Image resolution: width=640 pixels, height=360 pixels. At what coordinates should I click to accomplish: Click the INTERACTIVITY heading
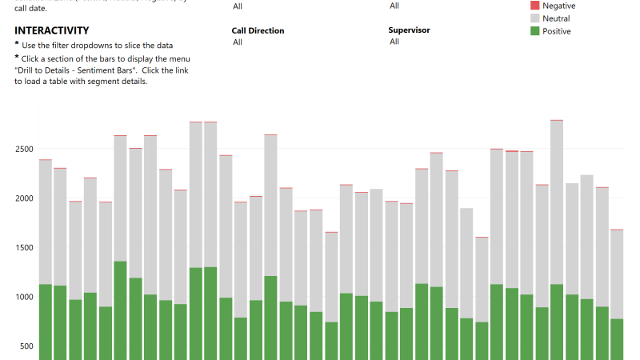[51, 30]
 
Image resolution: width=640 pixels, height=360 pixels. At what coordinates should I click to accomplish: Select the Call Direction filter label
[258, 30]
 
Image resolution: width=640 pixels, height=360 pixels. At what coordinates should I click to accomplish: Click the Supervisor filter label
[409, 30]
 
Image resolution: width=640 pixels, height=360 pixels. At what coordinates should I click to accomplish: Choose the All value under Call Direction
[238, 42]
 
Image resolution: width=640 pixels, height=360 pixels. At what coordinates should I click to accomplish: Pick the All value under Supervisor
[394, 42]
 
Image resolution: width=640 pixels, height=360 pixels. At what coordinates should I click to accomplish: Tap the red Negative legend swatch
[535, 6]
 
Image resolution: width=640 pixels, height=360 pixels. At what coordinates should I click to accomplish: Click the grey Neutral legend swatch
[535, 18]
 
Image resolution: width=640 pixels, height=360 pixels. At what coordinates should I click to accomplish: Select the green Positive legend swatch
[535, 31]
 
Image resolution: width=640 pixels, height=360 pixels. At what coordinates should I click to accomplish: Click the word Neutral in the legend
[556, 18]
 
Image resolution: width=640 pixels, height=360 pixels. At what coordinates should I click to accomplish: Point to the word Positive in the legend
[557, 31]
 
